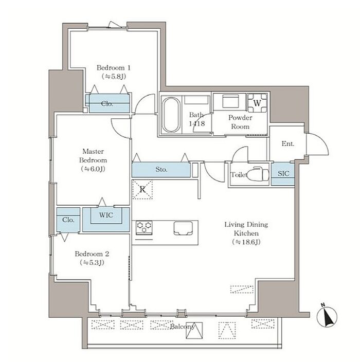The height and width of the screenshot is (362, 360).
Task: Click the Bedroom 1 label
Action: pyautogui.click(x=113, y=68)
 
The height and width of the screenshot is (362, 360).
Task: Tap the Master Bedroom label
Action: pyautogui.click(x=93, y=156)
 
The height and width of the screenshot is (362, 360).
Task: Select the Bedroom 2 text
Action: pyautogui.click(x=92, y=254)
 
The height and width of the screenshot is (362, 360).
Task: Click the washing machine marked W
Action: pyautogui.click(x=257, y=103)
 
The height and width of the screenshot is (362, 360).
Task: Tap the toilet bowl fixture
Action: pyautogui.click(x=258, y=174)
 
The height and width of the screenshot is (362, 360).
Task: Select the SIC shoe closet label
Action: pyautogui.click(x=283, y=173)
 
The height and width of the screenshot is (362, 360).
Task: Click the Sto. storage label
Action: pyautogui.click(x=161, y=170)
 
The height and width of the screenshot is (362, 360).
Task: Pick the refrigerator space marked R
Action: pyautogui.click(x=142, y=190)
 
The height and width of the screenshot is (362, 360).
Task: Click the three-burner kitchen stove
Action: pyautogui.click(x=144, y=228)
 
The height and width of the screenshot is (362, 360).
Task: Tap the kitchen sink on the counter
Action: pyautogui.click(x=183, y=228)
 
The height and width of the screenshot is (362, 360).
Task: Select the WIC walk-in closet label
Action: pyautogui.click(x=106, y=215)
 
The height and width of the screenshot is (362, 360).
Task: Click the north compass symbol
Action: pyautogui.click(x=327, y=316)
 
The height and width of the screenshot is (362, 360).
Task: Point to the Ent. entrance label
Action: pyautogui.click(x=288, y=143)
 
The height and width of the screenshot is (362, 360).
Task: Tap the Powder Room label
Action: pyautogui.click(x=240, y=122)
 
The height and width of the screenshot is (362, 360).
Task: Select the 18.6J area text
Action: pyautogui.click(x=246, y=242)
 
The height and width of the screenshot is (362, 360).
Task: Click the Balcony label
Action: pyautogui.click(x=183, y=327)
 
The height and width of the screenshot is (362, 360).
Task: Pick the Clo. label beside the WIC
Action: pyautogui.click(x=68, y=220)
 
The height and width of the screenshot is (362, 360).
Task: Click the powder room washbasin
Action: pyautogui.click(x=230, y=101)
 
